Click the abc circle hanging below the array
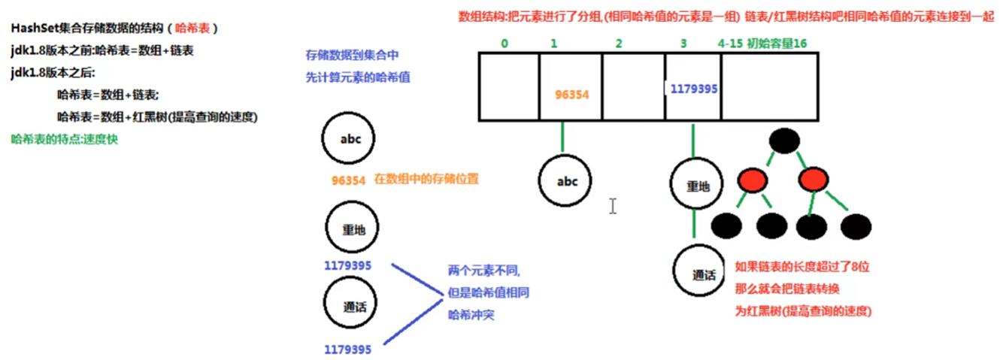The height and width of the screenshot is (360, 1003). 565,182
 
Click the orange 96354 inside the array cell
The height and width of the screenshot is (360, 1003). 572,95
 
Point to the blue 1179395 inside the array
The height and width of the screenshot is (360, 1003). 692,88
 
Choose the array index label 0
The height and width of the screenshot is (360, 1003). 504,44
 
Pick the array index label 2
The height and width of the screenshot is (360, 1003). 619,44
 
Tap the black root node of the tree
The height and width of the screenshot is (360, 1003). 784,141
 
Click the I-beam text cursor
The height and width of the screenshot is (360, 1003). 613,206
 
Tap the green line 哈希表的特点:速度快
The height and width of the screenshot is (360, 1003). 65,140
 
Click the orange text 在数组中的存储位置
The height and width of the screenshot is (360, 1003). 426,180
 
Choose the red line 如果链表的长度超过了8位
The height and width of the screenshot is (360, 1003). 802,266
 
